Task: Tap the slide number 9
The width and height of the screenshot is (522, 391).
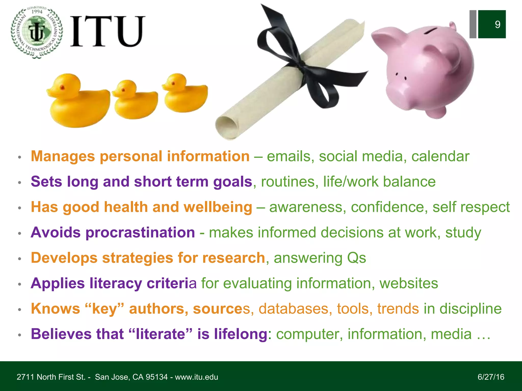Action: point(497,24)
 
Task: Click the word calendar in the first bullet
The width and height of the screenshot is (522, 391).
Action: point(440,156)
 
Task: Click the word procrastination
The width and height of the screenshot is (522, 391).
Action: point(140,233)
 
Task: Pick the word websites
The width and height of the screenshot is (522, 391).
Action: point(409,283)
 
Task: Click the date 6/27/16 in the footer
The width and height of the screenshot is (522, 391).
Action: point(491,377)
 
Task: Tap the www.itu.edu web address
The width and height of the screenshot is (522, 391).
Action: point(196,377)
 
